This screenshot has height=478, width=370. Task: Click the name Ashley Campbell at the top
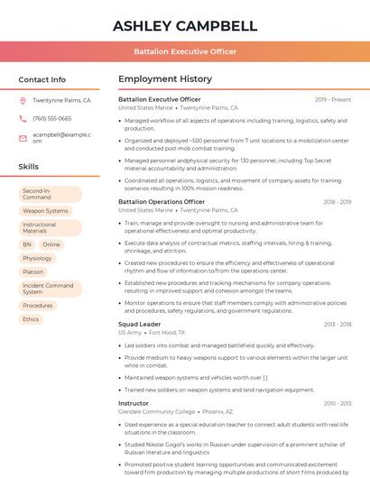pyautogui.click(x=185, y=25)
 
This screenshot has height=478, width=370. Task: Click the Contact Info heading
pyautogui.click(x=42, y=79)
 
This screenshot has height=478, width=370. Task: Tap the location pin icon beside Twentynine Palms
pyautogui.click(x=23, y=101)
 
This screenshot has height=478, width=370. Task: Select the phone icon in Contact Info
pyautogui.click(x=23, y=118)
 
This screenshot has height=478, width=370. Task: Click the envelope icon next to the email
pyautogui.click(x=23, y=138)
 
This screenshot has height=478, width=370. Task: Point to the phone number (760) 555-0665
pyautogui.click(x=51, y=118)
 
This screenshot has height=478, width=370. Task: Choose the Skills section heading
pyautogui.click(x=29, y=167)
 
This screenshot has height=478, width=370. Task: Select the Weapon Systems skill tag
pyautogui.click(x=45, y=211)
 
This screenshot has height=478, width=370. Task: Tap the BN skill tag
pyautogui.click(x=27, y=244)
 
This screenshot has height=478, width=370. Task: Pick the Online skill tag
pyautogui.click(x=51, y=244)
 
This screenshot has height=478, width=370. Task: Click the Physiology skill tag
pyautogui.click(x=38, y=258)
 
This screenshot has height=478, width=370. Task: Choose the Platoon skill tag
pyautogui.click(x=33, y=271)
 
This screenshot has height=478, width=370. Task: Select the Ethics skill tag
pyautogui.click(x=31, y=319)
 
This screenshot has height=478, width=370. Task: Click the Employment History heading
pyautogui.click(x=165, y=79)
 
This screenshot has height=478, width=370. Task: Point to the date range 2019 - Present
pyautogui.click(x=333, y=99)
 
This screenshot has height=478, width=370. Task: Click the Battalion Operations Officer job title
pyautogui.click(x=162, y=202)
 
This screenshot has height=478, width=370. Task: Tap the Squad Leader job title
pyautogui.click(x=139, y=324)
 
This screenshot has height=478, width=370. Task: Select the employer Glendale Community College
pyautogui.click(x=157, y=411)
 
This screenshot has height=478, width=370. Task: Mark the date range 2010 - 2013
pyautogui.click(x=337, y=403)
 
